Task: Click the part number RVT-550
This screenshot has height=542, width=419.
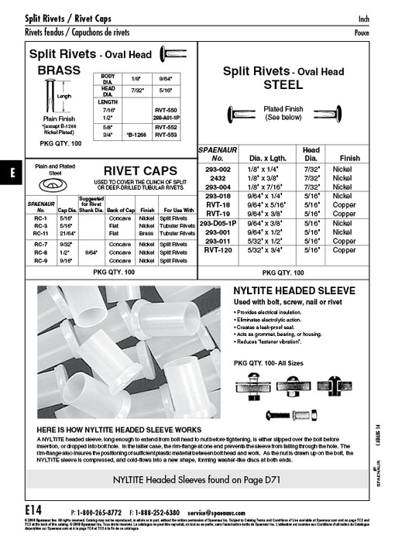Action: (167, 111)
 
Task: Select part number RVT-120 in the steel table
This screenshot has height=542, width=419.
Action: (219, 251)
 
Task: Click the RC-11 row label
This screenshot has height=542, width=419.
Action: (43, 233)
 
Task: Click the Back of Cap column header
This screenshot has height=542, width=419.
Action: (122, 210)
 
